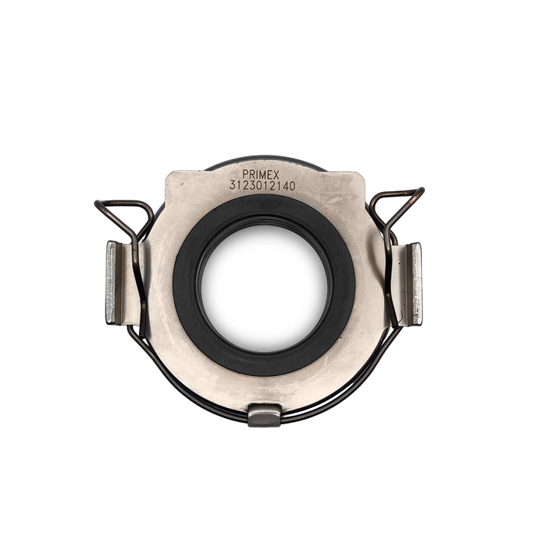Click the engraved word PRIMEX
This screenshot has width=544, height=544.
coord(261,175)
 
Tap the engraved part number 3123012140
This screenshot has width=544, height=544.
coord(263,186)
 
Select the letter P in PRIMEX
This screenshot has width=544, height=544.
coord(246,175)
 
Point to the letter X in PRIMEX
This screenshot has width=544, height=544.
coord(276,175)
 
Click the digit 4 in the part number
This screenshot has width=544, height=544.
coord(285,186)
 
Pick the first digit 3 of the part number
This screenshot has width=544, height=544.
coord(232,186)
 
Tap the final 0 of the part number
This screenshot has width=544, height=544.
coord(292,186)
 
